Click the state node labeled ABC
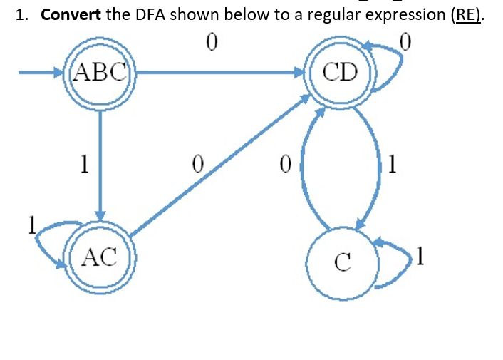coord(100,72)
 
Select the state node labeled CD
coord(340,72)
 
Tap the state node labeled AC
coord(100,257)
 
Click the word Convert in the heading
coord(71,15)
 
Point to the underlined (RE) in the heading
coord(467,15)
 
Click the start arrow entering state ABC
coord(39,72)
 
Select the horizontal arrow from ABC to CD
coord(221,72)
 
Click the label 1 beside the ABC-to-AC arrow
coord(83,165)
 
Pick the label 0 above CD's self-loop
coord(405,43)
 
